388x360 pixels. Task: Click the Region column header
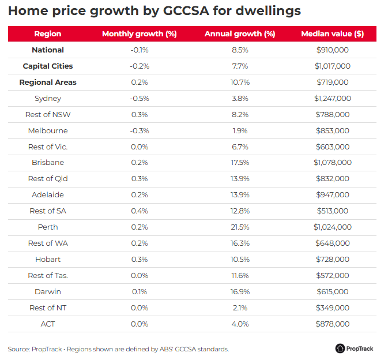point(47,33)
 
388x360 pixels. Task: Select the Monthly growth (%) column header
point(140,34)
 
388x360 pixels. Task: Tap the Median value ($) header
point(332,34)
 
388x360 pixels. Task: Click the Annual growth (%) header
point(240,34)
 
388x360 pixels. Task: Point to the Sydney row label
point(48,99)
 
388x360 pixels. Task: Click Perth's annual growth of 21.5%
point(240,227)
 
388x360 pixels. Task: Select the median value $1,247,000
point(332,99)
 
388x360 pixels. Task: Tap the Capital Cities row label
point(48,66)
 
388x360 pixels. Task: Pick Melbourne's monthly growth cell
point(140,131)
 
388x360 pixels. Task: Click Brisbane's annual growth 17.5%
point(240,163)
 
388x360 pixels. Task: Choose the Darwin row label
point(48,292)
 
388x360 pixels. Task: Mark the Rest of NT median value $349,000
point(332,307)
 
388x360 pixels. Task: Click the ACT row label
point(48,324)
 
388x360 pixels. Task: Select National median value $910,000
point(332,50)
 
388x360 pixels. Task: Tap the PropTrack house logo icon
point(340,348)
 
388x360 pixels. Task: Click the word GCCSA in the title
point(186,10)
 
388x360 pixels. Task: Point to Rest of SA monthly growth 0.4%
point(140,211)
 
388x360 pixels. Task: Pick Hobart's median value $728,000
point(332,260)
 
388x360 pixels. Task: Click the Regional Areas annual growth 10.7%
point(240,82)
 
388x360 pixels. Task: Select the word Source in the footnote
point(18,349)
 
